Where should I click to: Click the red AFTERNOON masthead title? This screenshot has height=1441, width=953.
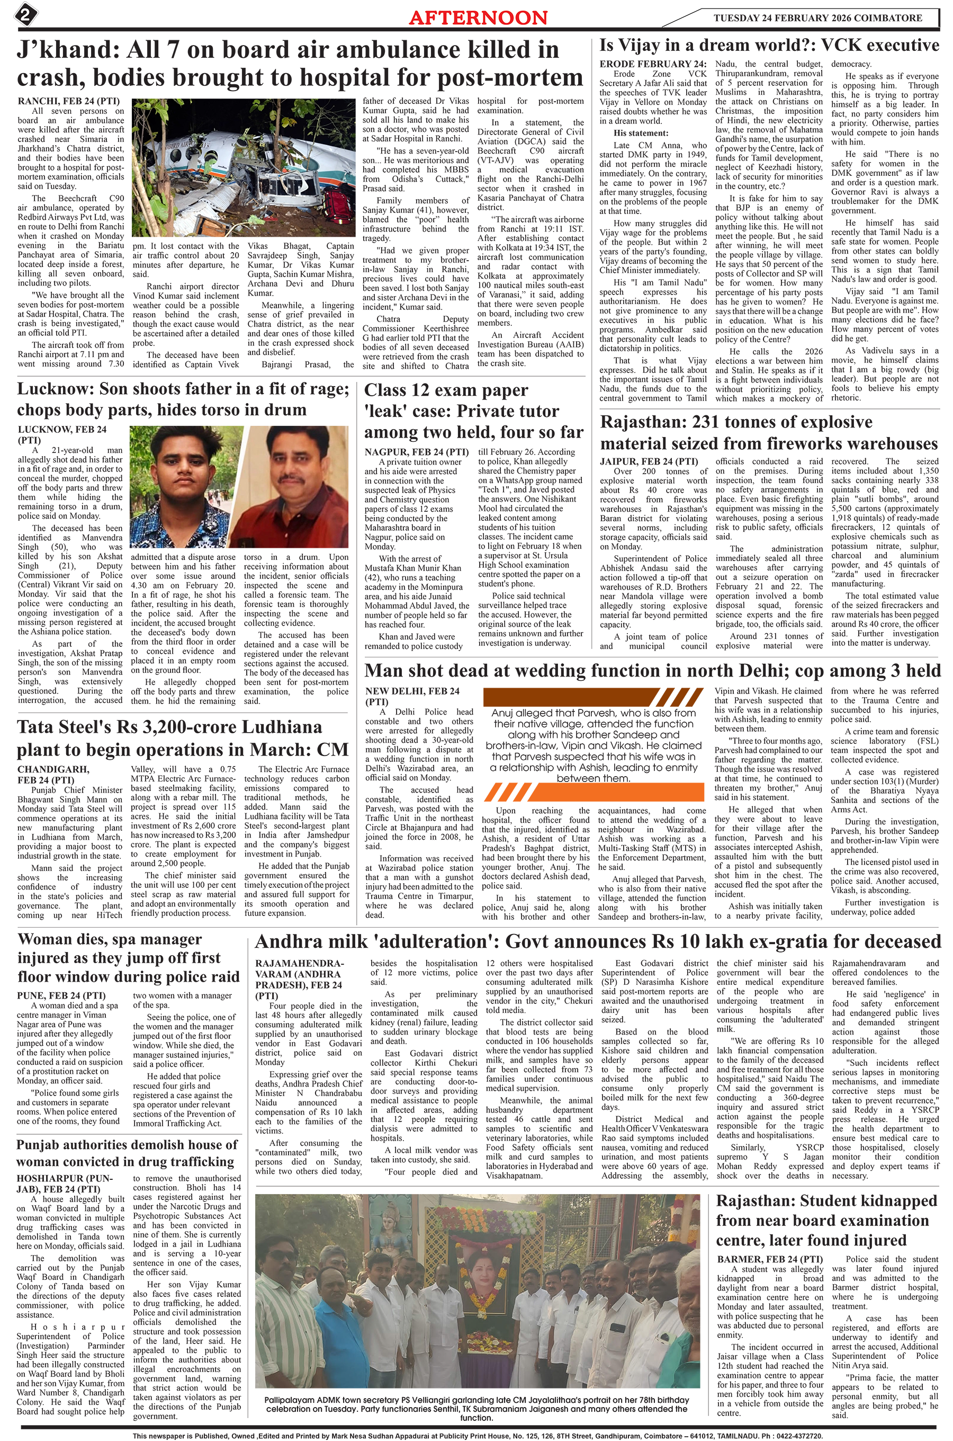(478, 17)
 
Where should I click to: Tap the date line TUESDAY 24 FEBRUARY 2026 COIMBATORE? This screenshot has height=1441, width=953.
(817, 17)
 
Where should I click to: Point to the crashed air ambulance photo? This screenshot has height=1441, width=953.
(244, 167)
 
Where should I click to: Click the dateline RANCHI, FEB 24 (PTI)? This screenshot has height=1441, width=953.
(68, 102)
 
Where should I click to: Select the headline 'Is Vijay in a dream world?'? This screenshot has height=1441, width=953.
(769, 46)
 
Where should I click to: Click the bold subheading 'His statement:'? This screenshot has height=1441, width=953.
(641, 133)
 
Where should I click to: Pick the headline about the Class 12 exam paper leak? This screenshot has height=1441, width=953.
(473, 411)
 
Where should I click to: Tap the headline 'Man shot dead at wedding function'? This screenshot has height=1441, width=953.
(652, 671)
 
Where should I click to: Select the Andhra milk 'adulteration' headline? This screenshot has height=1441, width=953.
(597, 942)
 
